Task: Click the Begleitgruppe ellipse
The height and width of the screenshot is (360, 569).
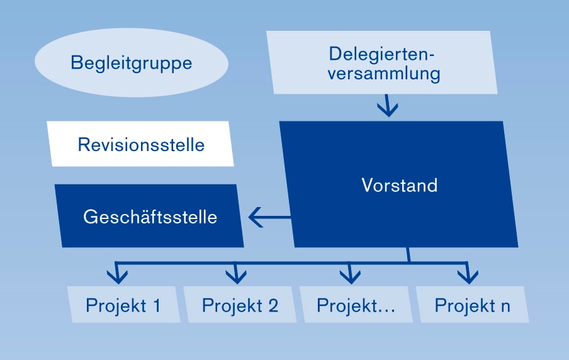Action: click(x=132, y=62)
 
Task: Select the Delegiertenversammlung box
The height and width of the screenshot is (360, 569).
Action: click(x=382, y=62)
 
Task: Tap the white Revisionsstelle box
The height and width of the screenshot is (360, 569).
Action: click(x=140, y=143)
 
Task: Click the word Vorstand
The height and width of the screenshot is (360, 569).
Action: click(x=400, y=185)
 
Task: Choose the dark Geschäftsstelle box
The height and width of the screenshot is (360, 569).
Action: click(x=149, y=216)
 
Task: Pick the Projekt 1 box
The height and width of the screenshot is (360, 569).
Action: click(x=124, y=305)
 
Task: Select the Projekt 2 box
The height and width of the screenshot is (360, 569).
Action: click(x=240, y=305)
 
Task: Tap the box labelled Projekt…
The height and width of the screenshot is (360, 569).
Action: click(x=356, y=305)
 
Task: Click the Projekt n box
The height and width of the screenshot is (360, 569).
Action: click(x=472, y=305)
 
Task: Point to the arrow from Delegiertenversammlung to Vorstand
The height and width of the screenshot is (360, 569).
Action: click(x=388, y=106)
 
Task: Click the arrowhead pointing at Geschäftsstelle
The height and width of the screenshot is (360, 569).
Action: click(x=256, y=217)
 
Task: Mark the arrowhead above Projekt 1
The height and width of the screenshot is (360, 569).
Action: click(x=117, y=276)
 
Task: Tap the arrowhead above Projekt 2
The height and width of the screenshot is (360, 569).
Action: click(x=236, y=276)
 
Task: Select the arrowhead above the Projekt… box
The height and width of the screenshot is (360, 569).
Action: click(x=350, y=276)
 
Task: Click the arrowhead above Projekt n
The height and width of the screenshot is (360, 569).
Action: click(x=468, y=276)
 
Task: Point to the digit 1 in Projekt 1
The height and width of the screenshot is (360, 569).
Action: click(x=157, y=305)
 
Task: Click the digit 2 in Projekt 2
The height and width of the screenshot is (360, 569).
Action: click(x=273, y=305)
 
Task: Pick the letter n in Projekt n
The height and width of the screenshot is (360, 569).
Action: click(x=505, y=307)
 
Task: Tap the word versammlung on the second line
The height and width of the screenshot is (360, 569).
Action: click(x=384, y=74)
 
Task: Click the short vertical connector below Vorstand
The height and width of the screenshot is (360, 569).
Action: click(x=408, y=255)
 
